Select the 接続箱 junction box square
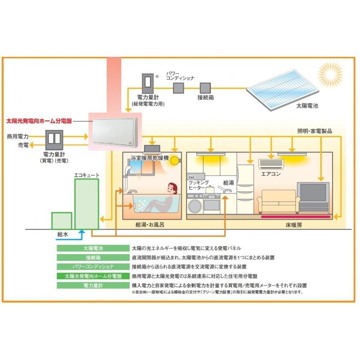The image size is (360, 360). [205, 88]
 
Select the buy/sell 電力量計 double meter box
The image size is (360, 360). [54, 138]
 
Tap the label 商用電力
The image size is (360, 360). [18, 137]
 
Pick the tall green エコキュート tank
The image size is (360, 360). [86, 204]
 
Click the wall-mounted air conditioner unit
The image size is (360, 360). [271, 164]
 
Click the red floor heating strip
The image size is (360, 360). [296, 217]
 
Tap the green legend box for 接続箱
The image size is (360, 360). [93, 257]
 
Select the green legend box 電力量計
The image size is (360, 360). [93, 286]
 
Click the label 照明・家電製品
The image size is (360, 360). [315, 131]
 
